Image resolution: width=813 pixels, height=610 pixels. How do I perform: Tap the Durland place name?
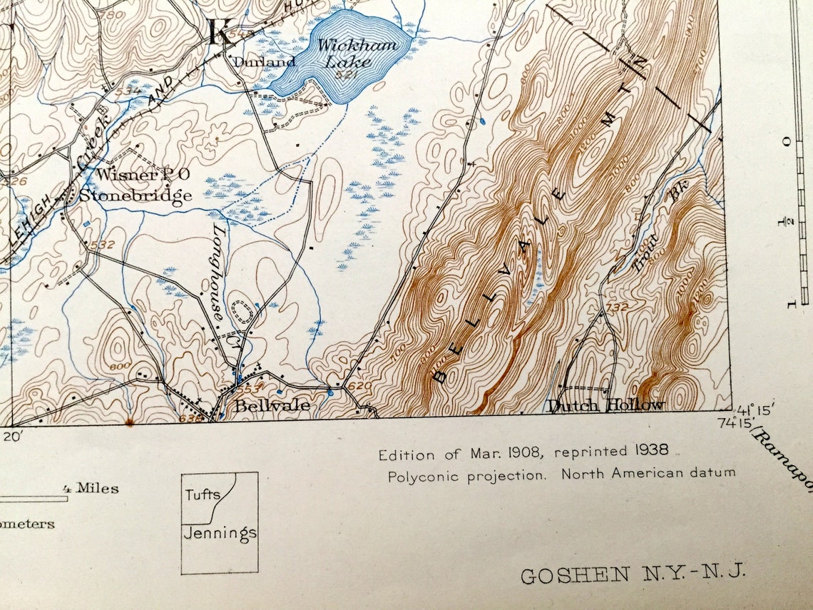pyautogui.click(x=255, y=62)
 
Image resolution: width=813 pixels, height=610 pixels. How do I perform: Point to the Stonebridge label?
pyautogui.click(x=135, y=195)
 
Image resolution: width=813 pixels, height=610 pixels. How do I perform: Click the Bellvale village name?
pyautogui.click(x=272, y=405)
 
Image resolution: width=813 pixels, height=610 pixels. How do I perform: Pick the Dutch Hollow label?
pyautogui.click(x=605, y=405)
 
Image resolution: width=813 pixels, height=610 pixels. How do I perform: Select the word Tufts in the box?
pyautogui.click(x=203, y=494)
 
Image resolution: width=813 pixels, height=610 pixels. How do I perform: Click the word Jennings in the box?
pyautogui.click(x=220, y=533)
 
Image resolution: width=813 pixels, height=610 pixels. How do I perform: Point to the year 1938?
pyautogui.click(x=650, y=450)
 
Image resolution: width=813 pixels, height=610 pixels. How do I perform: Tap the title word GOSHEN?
pyautogui.click(x=575, y=575)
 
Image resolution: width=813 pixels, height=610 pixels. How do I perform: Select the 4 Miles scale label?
pyautogui.click(x=91, y=489)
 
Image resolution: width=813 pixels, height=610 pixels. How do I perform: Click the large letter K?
pyautogui.click(x=220, y=32)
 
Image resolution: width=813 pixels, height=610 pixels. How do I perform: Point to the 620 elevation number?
pyautogui.click(x=360, y=386)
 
